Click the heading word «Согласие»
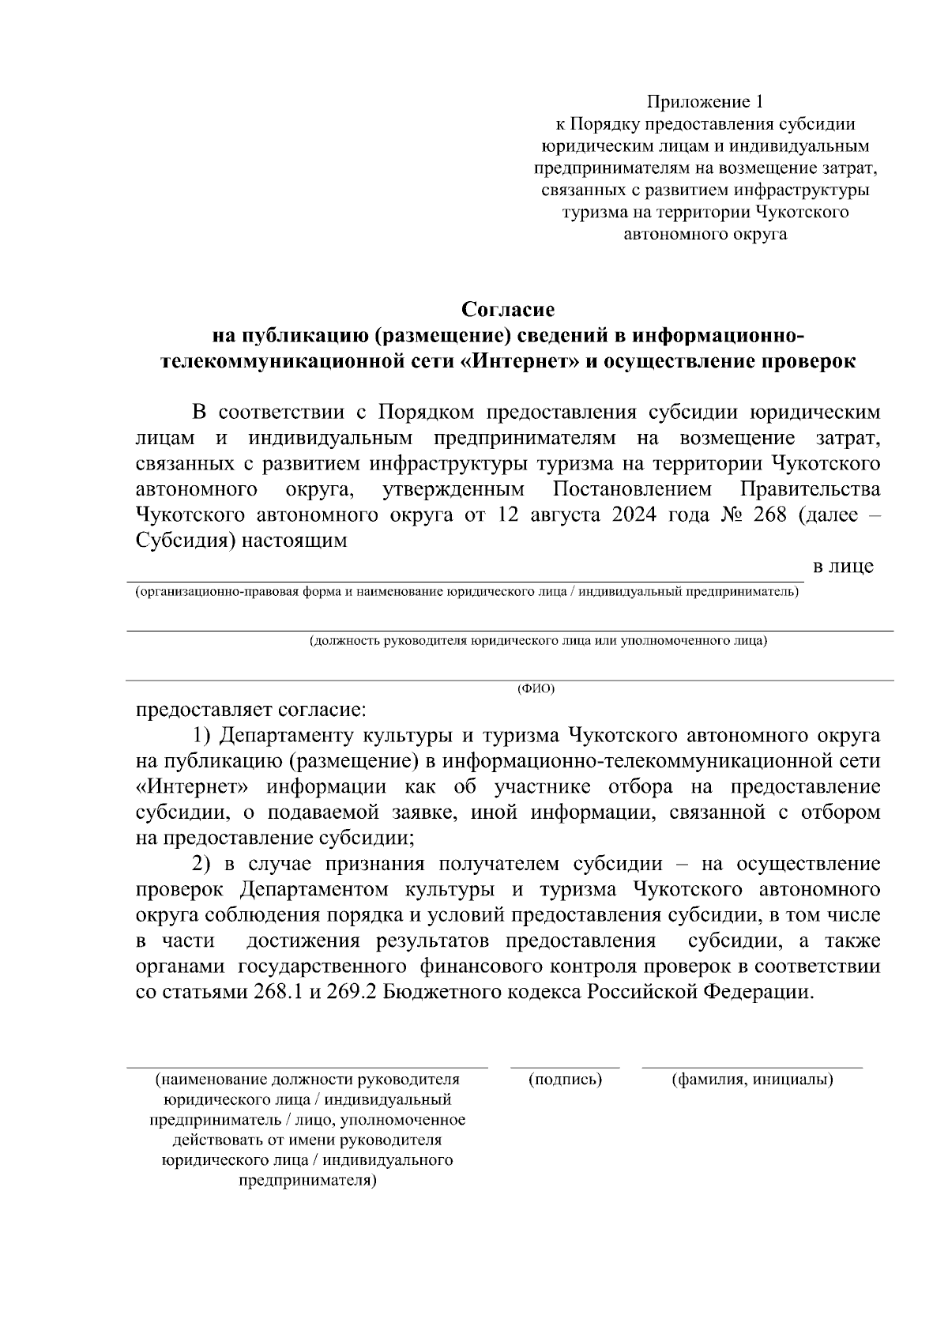(x=508, y=309)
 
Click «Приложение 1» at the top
(x=705, y=102)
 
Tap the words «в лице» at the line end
(x=843, y=567)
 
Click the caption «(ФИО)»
(x=536, y=689)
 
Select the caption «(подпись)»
(x=565, y=1080)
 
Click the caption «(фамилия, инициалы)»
(x=752, y=1080)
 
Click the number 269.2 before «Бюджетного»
(x=352, y=992)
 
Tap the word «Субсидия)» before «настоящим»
(x=182, y=542)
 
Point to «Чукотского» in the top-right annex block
(x=802, y=213)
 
